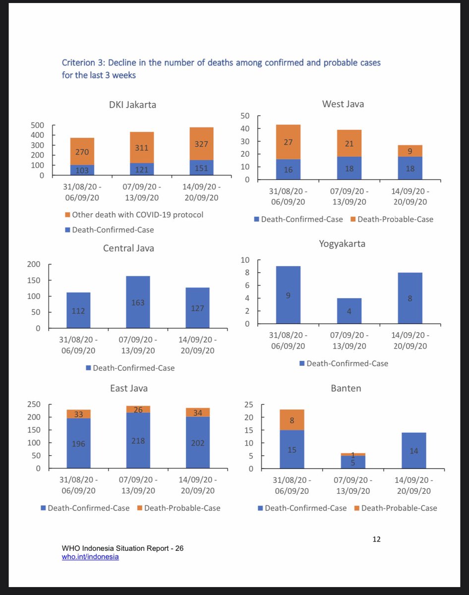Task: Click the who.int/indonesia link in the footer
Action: tap(90, 557)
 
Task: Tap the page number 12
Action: tap(376, 539)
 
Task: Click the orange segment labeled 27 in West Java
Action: tap(289, 142)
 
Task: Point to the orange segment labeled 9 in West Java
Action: tap(410, 151)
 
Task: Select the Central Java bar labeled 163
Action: tap(138, 302)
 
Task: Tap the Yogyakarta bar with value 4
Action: tap(350, 311)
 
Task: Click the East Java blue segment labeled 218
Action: tap(138, 440)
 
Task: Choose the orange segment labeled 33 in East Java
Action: tap(78, 414)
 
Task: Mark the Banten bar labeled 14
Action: tap(414, 451)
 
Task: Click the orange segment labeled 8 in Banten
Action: tap(292, 420)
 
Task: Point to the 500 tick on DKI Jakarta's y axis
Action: tap(38, 125)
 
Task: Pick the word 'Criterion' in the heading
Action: tap(80, 63)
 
